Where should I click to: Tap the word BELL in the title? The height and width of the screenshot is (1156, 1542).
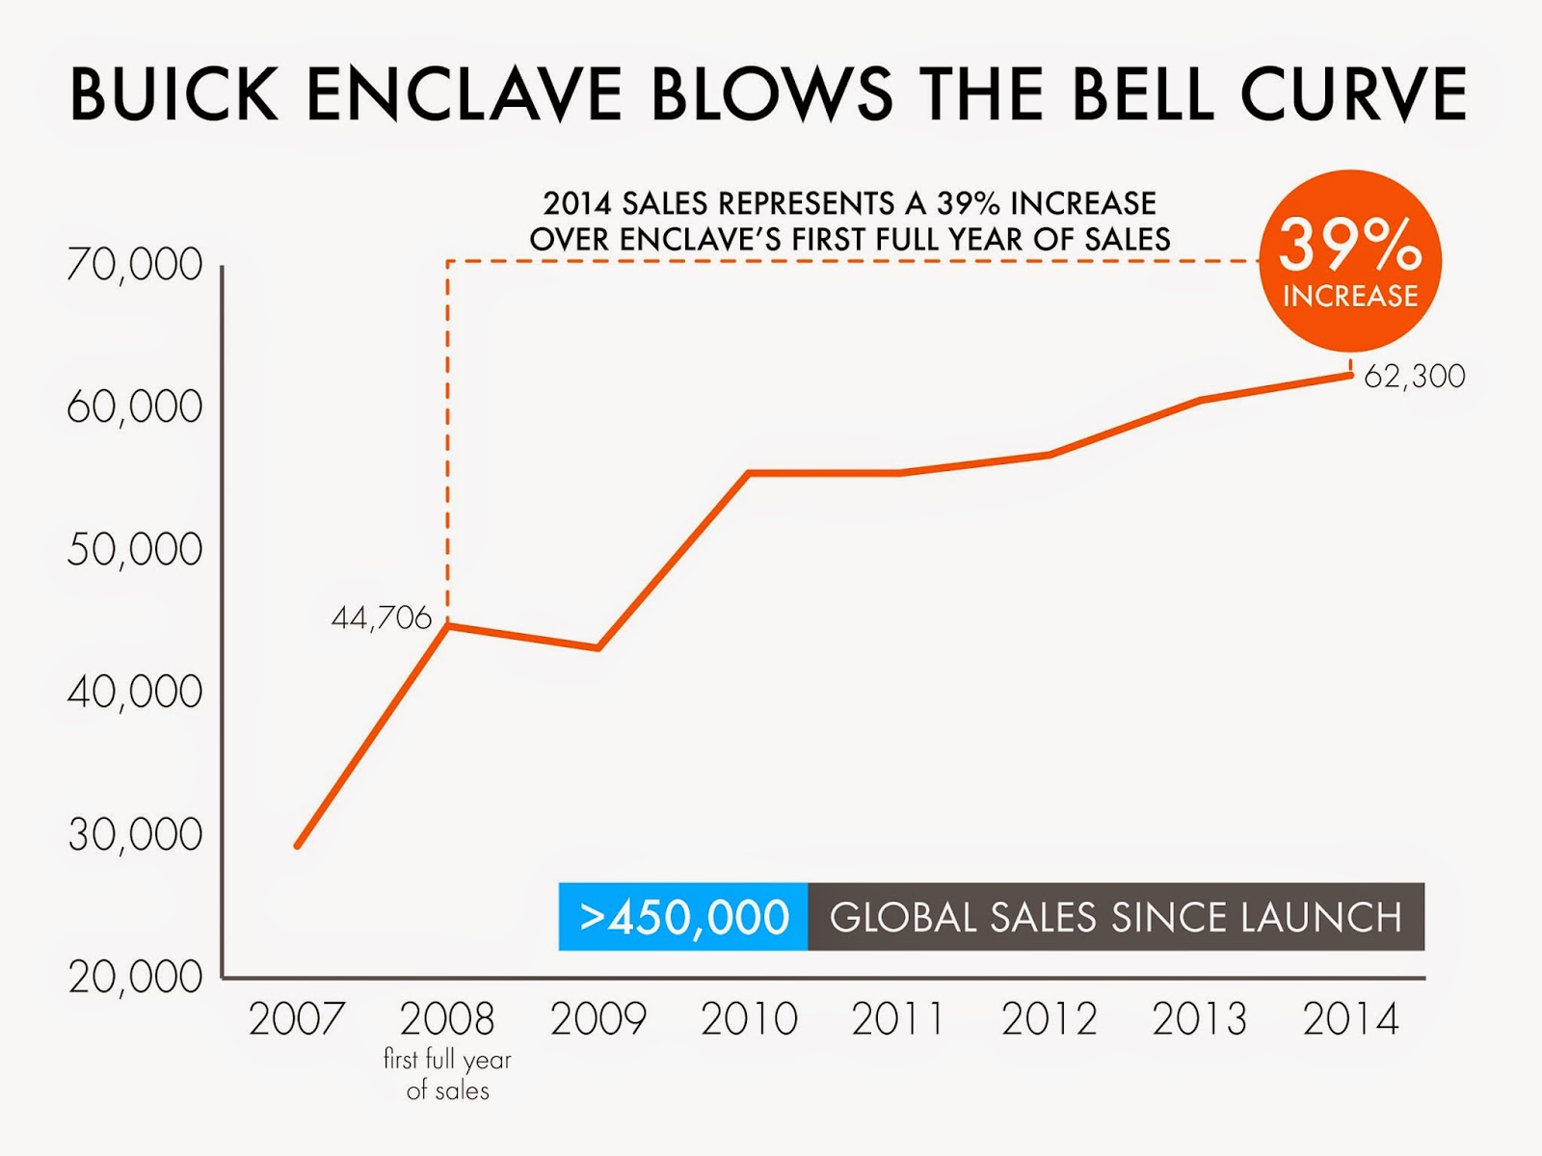1143,94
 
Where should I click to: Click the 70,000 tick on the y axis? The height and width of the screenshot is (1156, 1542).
135,265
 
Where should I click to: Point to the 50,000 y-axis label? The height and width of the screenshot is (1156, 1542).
135,550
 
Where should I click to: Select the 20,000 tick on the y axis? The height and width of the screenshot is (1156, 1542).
135,977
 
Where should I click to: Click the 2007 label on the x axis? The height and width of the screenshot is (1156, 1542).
297,1019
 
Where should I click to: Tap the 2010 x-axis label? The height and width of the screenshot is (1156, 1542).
749,1019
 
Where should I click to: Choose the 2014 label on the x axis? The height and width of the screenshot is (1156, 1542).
1350,1019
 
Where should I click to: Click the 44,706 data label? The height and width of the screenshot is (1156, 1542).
382,617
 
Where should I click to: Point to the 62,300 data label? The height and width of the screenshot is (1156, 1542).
1414,376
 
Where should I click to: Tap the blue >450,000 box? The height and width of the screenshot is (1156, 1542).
683,917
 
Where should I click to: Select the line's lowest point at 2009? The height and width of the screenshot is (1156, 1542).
598,648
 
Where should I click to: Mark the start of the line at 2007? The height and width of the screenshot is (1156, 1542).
298,846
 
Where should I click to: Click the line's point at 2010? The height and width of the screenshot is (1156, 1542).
750,473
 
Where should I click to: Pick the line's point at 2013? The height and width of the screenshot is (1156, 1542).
1201,399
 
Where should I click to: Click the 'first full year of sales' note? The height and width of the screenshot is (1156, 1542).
447,1075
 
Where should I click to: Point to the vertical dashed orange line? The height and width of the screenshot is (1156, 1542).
447,443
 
